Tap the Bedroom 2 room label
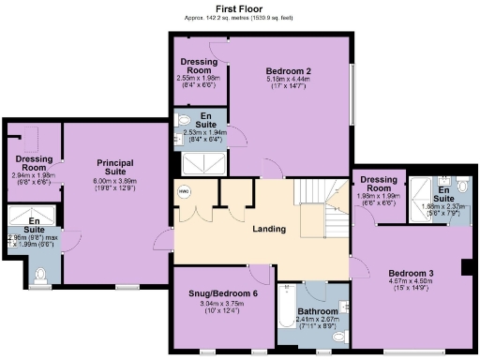288,71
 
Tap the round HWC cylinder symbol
185,192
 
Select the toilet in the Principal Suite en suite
38,275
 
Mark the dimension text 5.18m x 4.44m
288,80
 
